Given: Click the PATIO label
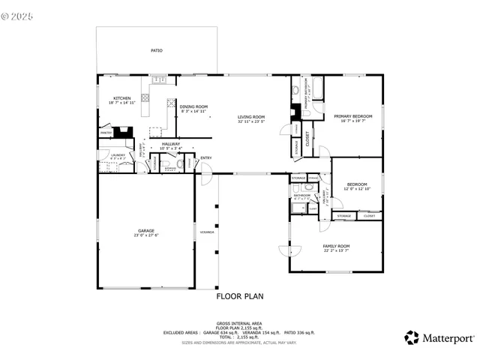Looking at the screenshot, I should coord(156,51).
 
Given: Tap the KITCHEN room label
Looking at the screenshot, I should coord(122,99).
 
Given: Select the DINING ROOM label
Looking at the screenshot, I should coord(193,106).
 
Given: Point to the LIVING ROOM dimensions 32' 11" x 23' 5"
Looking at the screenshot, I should coord(251,121).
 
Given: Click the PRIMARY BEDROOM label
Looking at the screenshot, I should coord(352,116).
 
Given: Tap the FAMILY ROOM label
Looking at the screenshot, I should coord(336,246).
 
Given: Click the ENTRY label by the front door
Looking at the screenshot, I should coord(205,157).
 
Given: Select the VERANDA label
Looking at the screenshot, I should coord(207,232).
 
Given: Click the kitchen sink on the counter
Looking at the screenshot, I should coord(159,79).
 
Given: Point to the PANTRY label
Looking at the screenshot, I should coord(106,133).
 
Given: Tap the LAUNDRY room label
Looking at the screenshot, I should coord(118,155).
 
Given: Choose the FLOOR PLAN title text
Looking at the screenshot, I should coord(239,296).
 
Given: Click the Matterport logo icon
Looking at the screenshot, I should coord(411,337).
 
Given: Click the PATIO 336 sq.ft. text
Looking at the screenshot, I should coord(299,331).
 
